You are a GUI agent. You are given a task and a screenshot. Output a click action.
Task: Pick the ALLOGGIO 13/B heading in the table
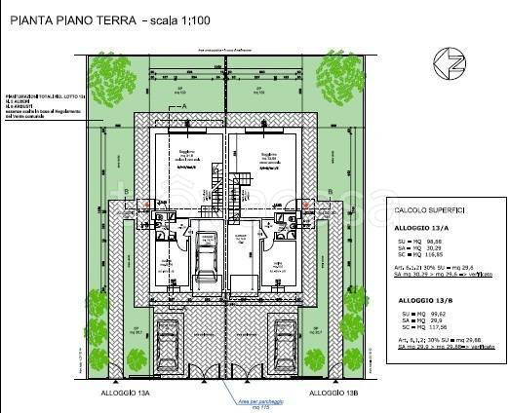(x=422, y=302)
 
